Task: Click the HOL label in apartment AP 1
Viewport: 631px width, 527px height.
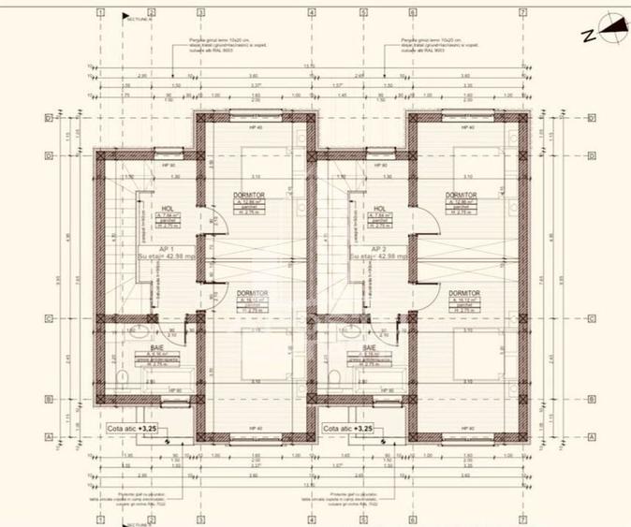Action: (169, 209)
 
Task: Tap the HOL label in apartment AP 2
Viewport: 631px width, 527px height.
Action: (380, 209)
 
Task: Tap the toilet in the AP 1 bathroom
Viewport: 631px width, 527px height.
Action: (123, 375)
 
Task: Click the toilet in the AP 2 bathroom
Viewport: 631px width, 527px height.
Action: (334, 375)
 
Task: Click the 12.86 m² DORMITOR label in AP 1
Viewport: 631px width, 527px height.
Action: (251, 195)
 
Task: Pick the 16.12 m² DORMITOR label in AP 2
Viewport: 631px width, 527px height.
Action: (463, 293)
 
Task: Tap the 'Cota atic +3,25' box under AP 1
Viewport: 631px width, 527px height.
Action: (138, 428)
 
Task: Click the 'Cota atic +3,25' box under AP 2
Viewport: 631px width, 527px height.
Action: (349, 428)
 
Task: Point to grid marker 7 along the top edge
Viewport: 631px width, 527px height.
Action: (522, 12)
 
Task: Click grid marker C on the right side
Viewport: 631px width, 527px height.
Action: (593, 318)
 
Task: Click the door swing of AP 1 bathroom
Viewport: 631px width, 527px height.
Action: (190, 335)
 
